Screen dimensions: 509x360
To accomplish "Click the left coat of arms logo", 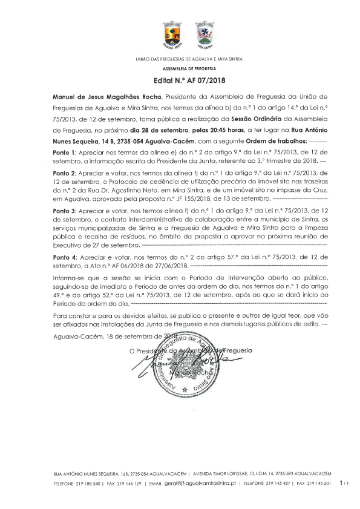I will (172, 34).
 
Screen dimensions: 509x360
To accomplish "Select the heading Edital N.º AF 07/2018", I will (180, 80).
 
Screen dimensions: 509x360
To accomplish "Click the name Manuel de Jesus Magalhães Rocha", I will (100, 97).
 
